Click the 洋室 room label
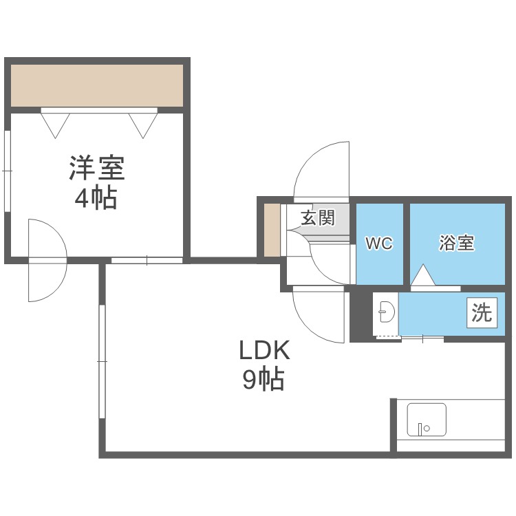(96, 169)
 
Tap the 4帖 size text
(96, 199)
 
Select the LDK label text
(265, 352)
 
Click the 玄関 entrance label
(318, 219)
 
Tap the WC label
(378, 244)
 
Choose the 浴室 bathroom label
(457, 243)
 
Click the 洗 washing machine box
(482, 314)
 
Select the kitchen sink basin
(427, 420)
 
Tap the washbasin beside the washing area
(385, 314)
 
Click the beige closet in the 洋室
(96, 86)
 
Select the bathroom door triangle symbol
(424, 276)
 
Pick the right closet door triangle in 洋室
(143, 123)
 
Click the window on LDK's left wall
(102, 361)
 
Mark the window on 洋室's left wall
(7, 169)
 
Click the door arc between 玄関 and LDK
(318, 316)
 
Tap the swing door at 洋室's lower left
(46, 260)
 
